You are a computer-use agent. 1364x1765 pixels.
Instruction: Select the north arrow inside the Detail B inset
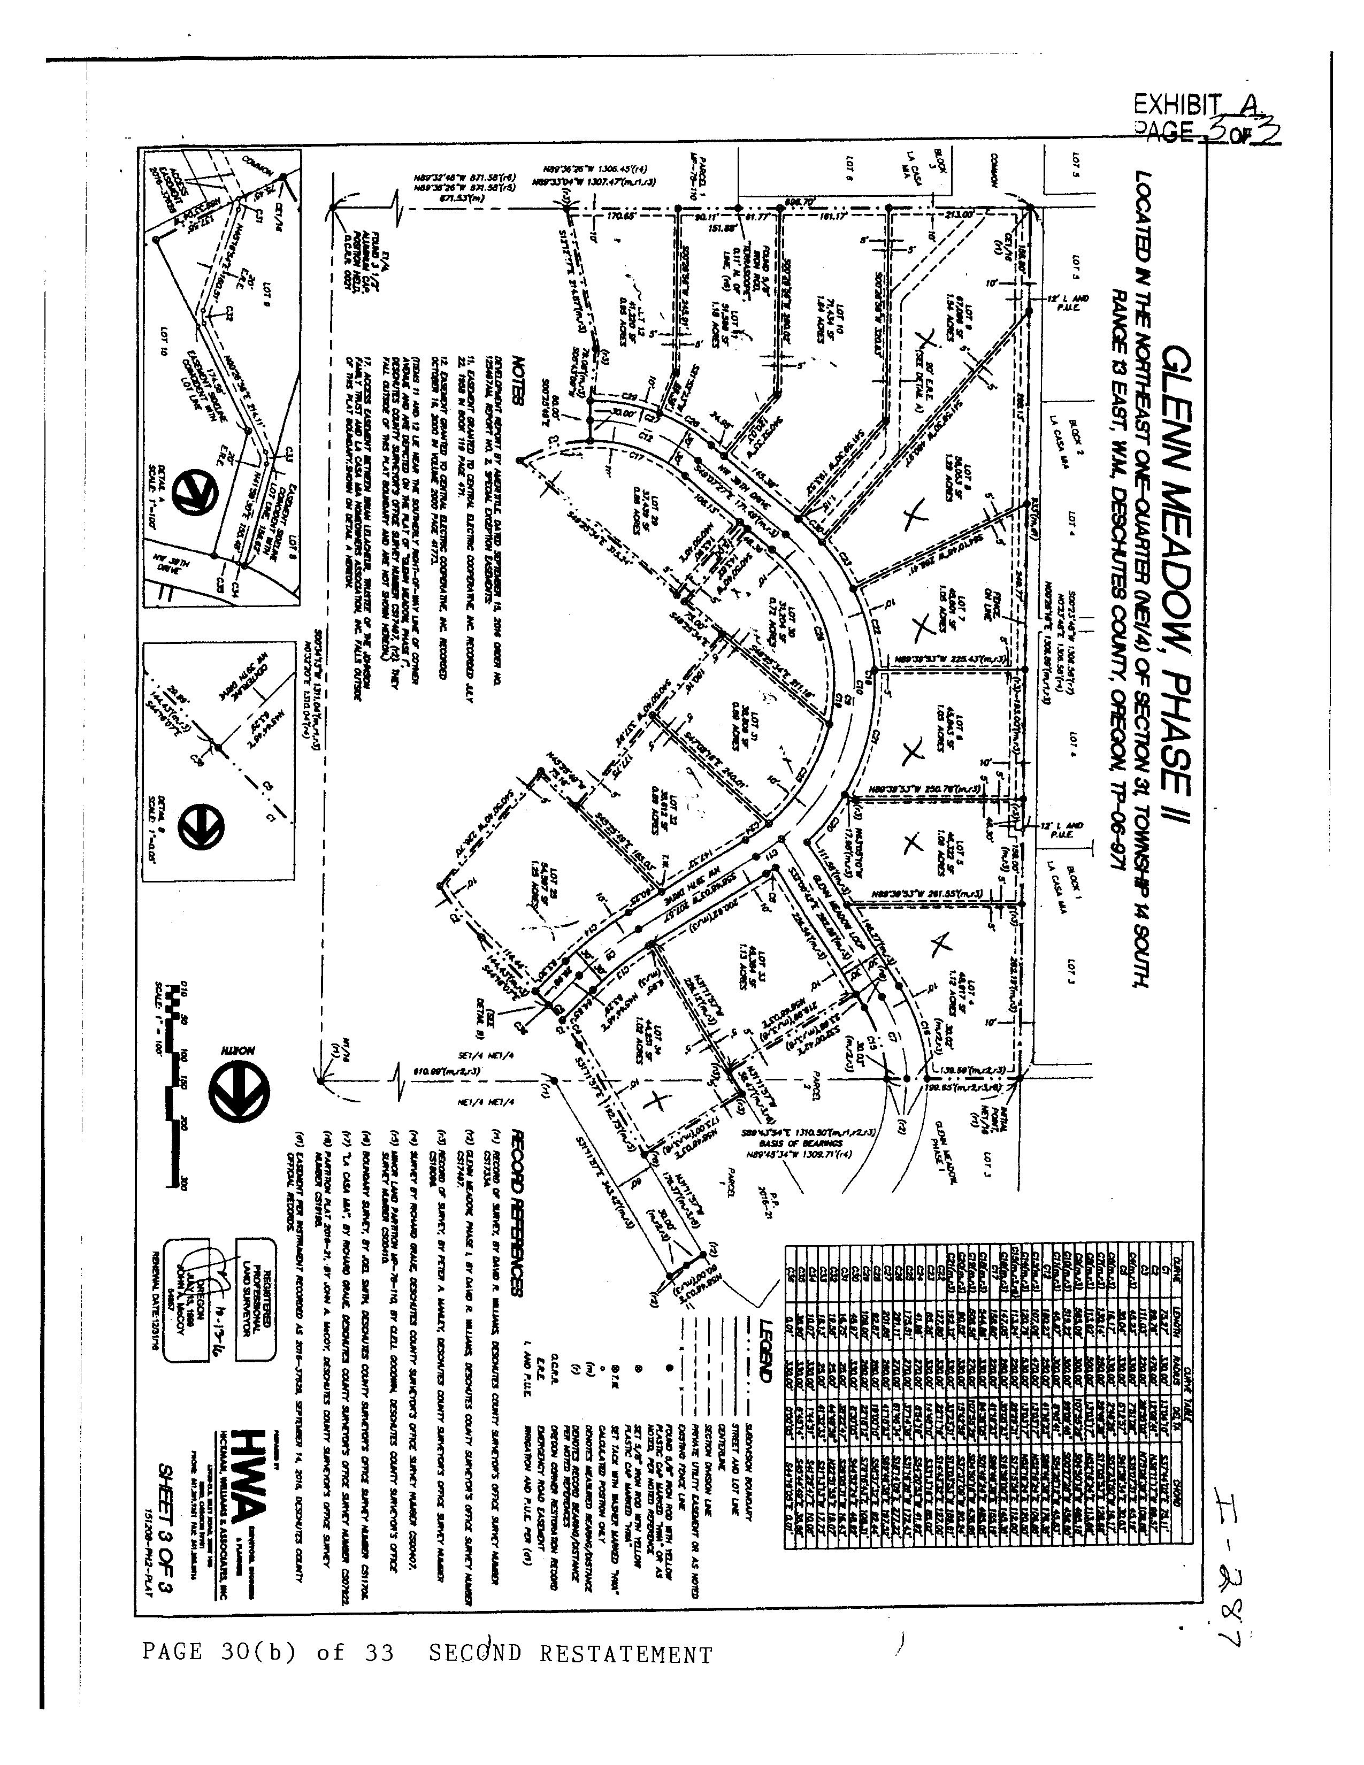(x=196, y=824)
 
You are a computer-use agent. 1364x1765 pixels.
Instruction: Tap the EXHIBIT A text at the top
(x=1196, y=104)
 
